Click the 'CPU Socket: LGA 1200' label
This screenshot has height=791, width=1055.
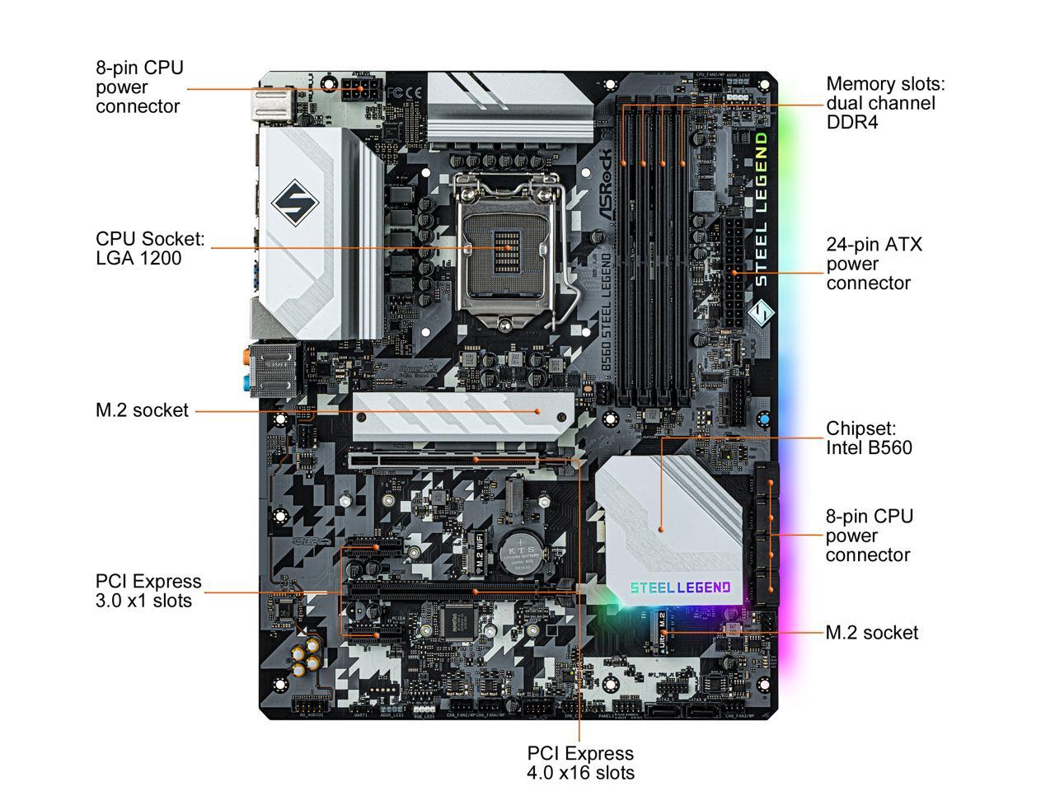[150, 248]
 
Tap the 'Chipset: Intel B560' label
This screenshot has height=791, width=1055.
[869, 438]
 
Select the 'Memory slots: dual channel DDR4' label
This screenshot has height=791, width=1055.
[885, 103]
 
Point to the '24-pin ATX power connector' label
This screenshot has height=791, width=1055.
[874, 264]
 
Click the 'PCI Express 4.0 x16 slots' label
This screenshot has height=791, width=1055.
[580, 762]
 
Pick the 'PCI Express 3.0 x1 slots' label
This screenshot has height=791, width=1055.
[148, 591]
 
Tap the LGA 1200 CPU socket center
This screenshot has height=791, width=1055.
[504, 247]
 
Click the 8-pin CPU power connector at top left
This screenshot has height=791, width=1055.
[361, 88]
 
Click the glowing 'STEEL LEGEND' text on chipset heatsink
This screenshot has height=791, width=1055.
[680, 587]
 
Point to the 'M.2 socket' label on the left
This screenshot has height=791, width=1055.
[142, 410]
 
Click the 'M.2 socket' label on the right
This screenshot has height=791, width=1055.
[871, 632]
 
